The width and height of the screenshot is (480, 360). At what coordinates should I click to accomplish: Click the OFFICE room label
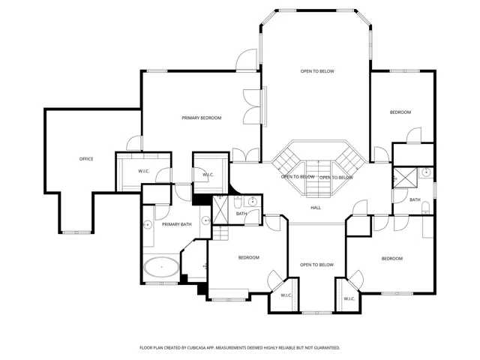[x=86, y=159]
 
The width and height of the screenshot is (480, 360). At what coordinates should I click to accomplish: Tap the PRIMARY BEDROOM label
[x=202, y=118]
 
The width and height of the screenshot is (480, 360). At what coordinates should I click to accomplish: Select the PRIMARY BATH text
[x=177, y=224]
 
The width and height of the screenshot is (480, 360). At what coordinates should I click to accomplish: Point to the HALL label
[x=316, y=208]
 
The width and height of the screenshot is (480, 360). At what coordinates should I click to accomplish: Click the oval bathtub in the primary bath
[x=161, y=267]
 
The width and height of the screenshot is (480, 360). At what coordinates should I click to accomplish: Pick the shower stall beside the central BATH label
[x=220, y=210]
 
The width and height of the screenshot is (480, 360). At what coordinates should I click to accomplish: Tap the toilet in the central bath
[x=238, y=202]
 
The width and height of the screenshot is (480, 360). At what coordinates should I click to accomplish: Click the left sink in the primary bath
[x=148, y=225]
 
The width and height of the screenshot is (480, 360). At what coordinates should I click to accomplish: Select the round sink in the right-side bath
[x=426, y=172]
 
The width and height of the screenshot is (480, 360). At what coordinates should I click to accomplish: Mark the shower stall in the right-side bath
[x=405, y=178]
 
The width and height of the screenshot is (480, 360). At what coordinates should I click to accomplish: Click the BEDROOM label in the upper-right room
[x=400, y=112]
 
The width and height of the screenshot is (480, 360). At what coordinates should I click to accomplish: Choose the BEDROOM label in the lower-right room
[x=391, y=259]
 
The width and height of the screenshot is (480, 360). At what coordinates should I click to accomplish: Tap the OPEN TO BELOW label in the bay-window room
[x=317, y=71]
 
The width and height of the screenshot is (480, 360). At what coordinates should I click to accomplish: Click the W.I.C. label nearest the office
[x=143, y=171]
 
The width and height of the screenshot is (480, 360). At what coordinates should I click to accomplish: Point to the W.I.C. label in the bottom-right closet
[x=349, y=298]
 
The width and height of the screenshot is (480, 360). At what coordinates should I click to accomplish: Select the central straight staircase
[x=318, y=178]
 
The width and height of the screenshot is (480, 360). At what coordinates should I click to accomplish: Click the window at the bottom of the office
[x=76, y=232]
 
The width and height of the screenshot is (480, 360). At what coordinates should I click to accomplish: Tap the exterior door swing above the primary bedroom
[x=246, y=60]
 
